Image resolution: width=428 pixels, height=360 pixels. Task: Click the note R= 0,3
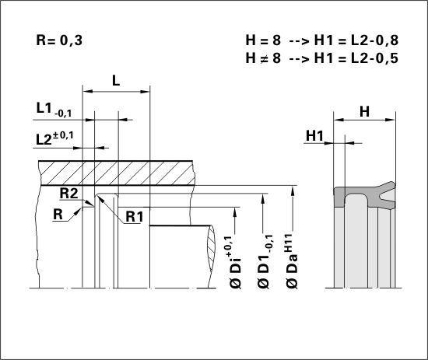click(59, 40)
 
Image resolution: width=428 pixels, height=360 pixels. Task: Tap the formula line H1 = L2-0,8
click(356, 40)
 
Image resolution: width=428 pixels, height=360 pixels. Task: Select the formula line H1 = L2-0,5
click(356, 58)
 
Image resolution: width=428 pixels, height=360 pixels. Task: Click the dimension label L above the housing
click(116, 80)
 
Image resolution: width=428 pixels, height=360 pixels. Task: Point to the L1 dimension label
click(54, 110)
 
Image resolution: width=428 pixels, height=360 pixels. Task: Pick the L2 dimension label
click(54, 138)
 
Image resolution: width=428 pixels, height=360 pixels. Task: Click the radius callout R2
click(68, 194)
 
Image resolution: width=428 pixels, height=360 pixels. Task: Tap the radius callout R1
click(135, 217)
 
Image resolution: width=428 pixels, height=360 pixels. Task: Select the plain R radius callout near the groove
click(58, 214)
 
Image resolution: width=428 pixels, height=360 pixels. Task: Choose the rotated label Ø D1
click(265, 261)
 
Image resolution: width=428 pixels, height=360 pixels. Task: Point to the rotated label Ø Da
click(292, 261)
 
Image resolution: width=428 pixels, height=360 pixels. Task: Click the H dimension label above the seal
click(364, 111)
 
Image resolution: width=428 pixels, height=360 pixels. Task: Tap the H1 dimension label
click(314, 135)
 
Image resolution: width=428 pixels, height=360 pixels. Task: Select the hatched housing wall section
click(118, 173)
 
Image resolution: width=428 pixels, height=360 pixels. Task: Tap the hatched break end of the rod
click(211, 257)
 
